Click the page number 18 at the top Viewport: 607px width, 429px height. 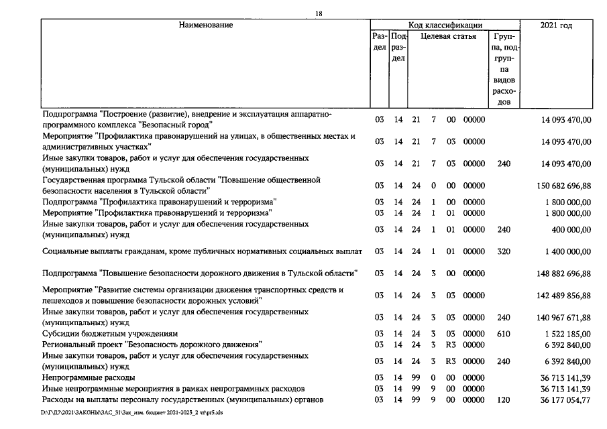[318, 13]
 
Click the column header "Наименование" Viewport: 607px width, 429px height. [205, 25]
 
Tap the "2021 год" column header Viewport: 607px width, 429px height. [556, 25]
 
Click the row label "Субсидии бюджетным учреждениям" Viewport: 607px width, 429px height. [110, 333]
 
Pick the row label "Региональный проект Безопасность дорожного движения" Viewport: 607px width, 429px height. [152, 345]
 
